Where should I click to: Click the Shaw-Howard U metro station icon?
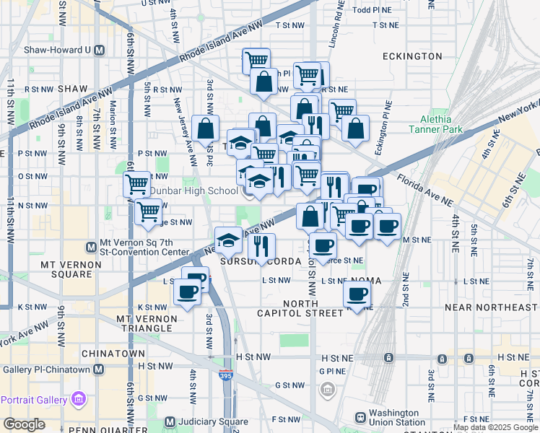(x=100, y=51)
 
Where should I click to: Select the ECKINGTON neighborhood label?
(x=412, y=56)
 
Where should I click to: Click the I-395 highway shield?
(x=225, y=375)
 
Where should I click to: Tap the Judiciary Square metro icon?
(x=170, y=422)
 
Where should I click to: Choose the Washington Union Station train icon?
(x=360, y=417)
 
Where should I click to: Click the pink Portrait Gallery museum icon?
(x=79, y=399)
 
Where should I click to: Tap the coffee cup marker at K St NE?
(x=357, y=294)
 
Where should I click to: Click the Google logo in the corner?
(x=24, y=424)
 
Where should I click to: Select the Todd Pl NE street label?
(x=372, y=10)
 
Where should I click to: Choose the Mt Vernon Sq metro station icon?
(x=92, y=248)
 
